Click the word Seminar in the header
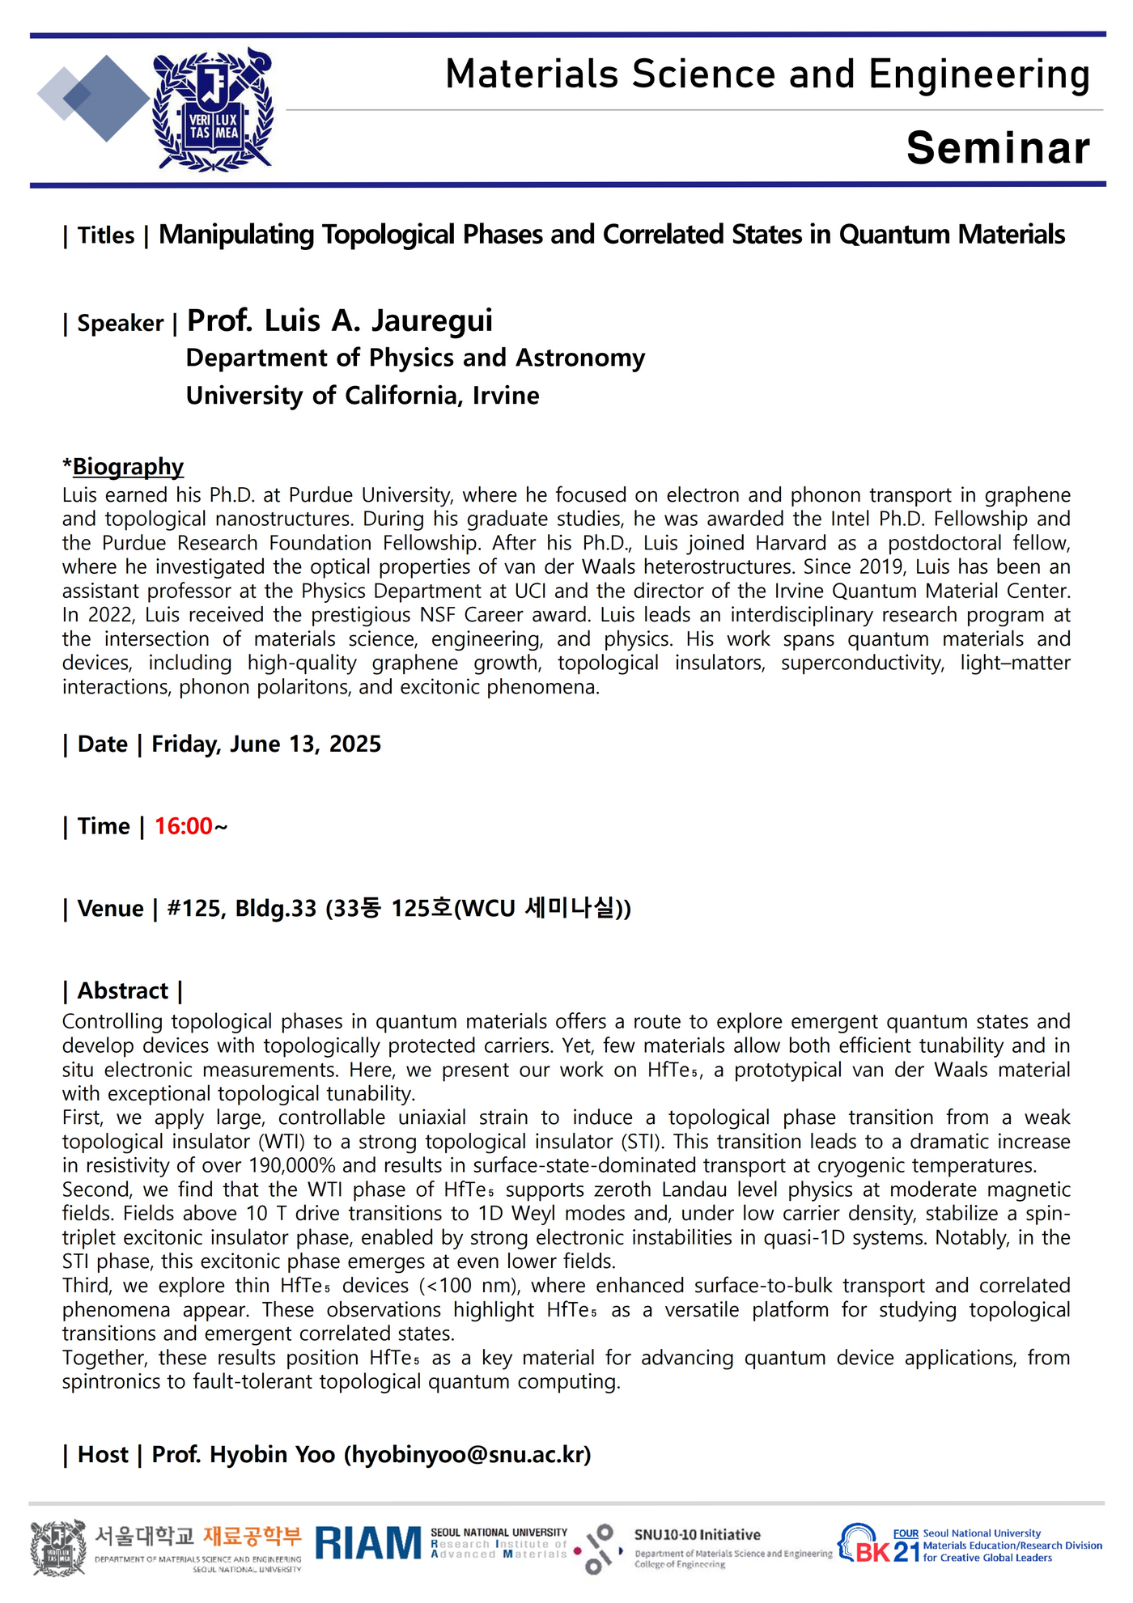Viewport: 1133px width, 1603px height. coord(998,148)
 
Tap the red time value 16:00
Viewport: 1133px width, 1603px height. coord(184,826)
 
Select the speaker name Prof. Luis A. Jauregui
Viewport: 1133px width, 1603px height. coord(340,321)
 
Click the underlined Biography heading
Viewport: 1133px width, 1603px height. coord(128,467)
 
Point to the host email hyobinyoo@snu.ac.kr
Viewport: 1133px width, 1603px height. coord(468,1454)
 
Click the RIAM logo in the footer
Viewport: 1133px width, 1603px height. coord(368,1544)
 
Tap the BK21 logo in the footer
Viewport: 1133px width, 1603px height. coord(878,1546)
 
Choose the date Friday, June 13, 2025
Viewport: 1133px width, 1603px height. coord(266,744)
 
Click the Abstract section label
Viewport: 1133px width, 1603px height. coord(122,990)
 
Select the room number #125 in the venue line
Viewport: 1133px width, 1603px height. coord(193,909)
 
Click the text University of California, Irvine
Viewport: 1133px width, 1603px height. coord(363,396)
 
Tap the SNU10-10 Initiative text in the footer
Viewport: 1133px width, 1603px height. coord(697,1535)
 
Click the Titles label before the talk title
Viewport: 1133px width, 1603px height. coord(106,235)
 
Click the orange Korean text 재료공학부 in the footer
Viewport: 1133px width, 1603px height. coord(252,1535)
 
